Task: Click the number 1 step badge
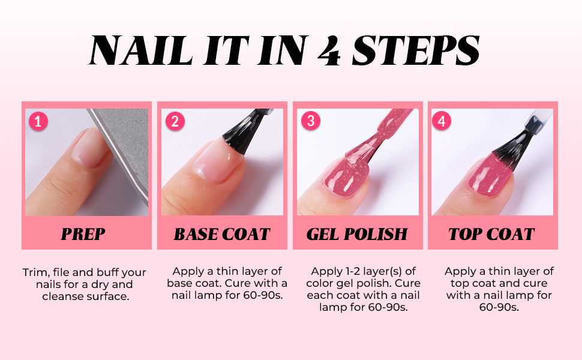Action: coord(38,121)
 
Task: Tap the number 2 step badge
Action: coord(175,121)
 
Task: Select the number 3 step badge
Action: coord(311,121)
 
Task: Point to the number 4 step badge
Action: coord(442,121)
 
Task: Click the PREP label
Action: coord(83,234)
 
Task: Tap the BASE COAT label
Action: coord(222,234)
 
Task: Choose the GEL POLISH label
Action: coord(357,234)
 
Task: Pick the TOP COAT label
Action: coord(491,234)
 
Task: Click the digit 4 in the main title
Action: coord(329,51)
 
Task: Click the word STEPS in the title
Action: coord(416,50)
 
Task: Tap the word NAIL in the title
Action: coord(140,50)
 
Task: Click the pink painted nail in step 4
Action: coord(488,175)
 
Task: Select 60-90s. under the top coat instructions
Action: coord(499,307)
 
